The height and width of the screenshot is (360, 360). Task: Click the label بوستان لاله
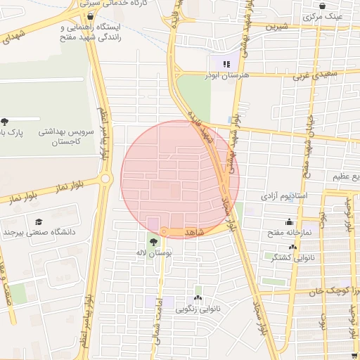(153, 252)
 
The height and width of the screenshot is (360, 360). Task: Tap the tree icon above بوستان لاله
(153, 242)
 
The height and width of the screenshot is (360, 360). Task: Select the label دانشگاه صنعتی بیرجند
(38, 231)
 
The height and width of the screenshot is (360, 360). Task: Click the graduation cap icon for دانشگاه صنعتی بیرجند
(38, 221)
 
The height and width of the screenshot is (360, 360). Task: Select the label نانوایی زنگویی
(198, 309)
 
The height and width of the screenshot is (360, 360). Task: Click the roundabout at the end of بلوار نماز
(106, 179)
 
